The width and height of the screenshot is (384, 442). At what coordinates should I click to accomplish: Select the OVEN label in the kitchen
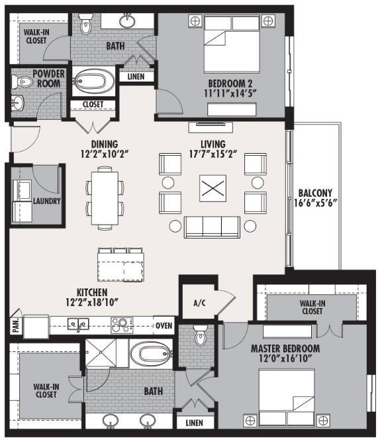(164, 325)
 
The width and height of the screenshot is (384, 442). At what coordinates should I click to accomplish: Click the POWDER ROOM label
(40, 78)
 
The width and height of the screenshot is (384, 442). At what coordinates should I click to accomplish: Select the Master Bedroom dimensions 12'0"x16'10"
(285, 360)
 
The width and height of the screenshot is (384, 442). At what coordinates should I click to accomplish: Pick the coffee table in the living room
(213, 188)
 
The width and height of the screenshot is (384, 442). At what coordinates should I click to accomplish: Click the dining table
(105, 197)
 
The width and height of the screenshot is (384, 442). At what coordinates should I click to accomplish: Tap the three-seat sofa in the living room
(212, 226)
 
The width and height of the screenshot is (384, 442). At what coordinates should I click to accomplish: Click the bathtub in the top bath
(93, 82)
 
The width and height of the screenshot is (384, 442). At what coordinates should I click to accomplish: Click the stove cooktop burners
(122, 325)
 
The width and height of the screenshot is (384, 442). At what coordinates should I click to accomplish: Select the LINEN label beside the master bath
(194, 422)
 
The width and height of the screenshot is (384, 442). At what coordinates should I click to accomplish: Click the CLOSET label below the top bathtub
(92, 104)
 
